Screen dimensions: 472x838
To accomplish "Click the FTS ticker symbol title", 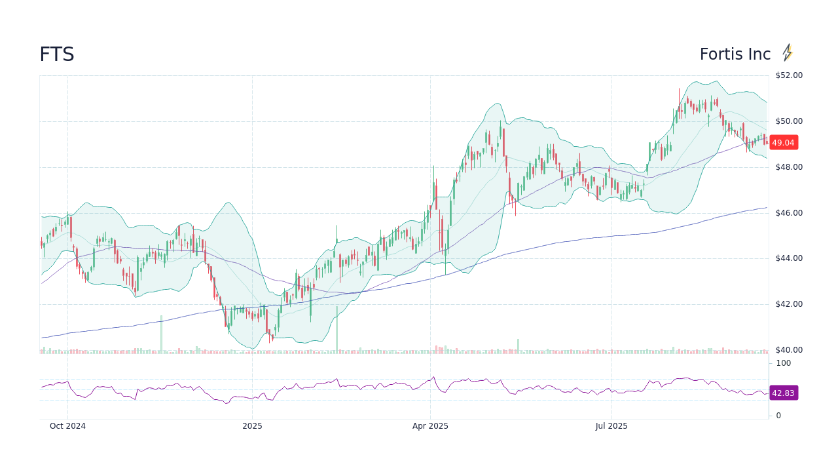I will coord(57,54).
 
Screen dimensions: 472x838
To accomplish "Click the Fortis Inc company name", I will coord(735,54).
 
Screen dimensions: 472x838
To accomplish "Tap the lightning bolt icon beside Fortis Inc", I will coord(788,52).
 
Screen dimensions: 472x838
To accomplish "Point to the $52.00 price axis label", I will coord(789,75).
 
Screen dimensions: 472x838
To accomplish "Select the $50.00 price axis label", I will coord(789,121).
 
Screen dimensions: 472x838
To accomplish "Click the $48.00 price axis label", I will coord(789,167).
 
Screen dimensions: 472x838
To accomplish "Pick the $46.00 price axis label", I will coord(789,213).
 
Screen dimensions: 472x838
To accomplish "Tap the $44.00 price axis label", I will coord(789,258).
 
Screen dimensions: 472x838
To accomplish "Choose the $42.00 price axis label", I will coord(789,304).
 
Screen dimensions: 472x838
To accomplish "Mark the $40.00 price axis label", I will coord(789,350).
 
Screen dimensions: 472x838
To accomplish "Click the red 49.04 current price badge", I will coord(783,142).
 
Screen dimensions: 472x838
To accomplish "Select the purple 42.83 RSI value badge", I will coord(783,393).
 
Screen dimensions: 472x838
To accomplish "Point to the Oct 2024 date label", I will coord(67,426).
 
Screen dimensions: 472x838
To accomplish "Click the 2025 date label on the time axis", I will coord(252,426).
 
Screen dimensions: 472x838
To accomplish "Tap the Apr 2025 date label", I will coord(430,426).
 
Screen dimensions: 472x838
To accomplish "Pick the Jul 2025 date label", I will coord(611,426).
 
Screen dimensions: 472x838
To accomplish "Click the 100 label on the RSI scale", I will coord(784,363).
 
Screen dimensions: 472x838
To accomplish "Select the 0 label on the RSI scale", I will coord(778,416).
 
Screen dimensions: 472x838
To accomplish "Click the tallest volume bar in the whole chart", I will coord(337,330).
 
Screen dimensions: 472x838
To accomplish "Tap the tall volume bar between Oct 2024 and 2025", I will coord(161,334).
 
